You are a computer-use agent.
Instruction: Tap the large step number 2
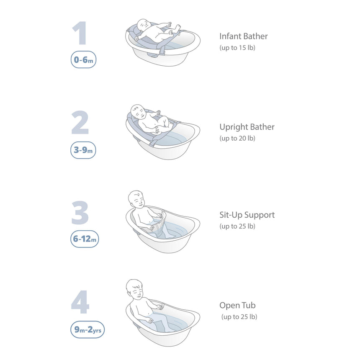[80, 122]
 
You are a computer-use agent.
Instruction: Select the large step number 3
[80, 213]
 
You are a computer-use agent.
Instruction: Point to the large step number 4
[80, 302]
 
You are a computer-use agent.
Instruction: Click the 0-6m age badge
[83, 60]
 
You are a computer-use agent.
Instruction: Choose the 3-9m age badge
[83, 150]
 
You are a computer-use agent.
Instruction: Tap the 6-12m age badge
[85, 239]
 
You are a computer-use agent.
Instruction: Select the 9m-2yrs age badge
[87, 329]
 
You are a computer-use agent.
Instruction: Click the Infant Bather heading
[243, 36]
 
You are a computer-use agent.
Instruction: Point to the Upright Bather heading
[247, 127]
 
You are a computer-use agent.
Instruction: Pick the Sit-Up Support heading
[247, 215]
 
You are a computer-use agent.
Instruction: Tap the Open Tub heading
[237, 305]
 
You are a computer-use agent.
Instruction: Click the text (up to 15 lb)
[237, 48]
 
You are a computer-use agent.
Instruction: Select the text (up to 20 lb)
[237, 138]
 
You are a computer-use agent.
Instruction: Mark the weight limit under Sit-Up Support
[237, 226]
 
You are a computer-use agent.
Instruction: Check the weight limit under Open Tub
[239, 317]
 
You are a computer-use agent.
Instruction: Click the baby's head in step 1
[143, 25]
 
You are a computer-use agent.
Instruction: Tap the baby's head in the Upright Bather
[138, 112]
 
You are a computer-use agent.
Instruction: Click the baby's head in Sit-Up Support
[136, 199]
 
